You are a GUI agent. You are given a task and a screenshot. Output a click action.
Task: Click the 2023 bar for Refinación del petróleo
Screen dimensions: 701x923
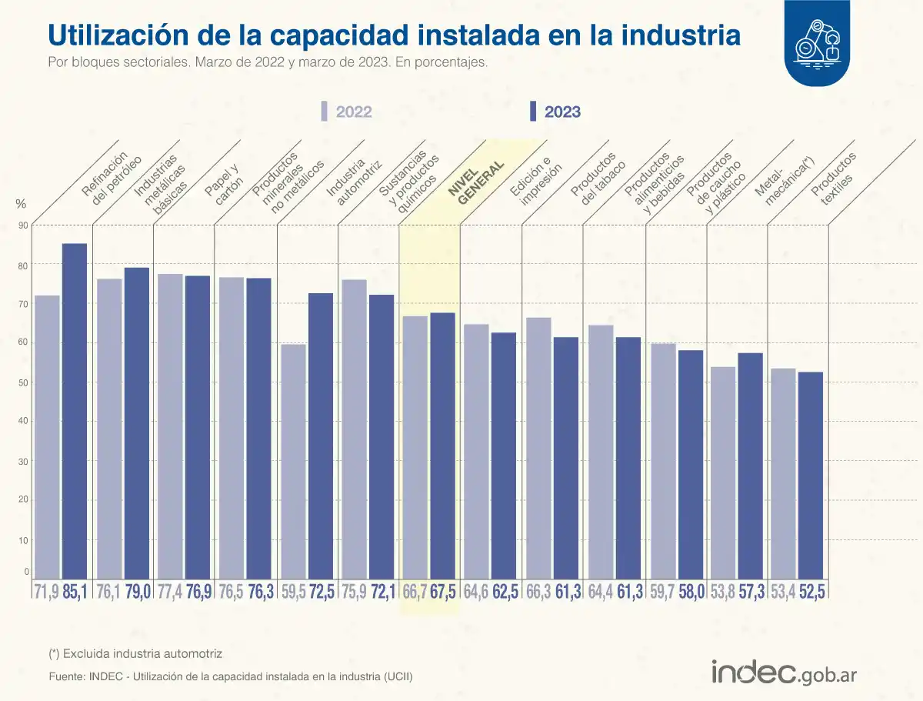point(75,411)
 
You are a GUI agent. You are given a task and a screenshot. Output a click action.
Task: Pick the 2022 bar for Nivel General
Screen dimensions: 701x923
point(415,447)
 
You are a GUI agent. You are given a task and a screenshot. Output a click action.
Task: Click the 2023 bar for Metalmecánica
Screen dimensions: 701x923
point(750,466)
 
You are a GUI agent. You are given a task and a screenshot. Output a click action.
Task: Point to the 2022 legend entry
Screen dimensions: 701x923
point(347,112)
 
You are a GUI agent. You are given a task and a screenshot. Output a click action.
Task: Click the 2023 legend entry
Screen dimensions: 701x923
point(555,112)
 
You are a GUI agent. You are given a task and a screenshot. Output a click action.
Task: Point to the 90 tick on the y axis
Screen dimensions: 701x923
point(24,225)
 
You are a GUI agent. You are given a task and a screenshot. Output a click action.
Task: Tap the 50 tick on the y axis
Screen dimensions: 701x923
point(24,383)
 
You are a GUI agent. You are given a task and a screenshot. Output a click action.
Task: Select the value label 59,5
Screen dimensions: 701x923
point(293,592)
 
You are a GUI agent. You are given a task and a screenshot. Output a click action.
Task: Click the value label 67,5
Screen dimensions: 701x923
point(444,592)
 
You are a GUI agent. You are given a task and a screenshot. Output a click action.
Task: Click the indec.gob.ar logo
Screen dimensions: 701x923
point(784,672)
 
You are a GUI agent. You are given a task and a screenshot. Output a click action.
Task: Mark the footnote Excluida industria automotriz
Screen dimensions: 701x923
point(135,653)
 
